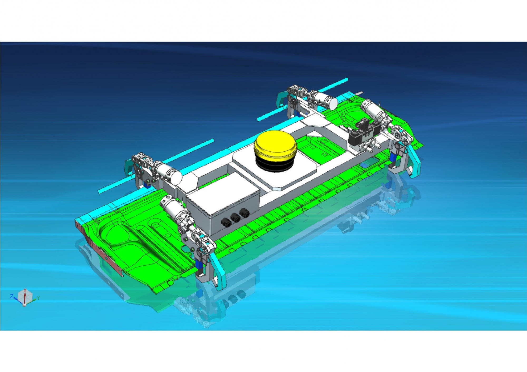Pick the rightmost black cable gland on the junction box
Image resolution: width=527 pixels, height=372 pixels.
244,212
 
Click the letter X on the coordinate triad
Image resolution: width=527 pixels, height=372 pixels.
25,290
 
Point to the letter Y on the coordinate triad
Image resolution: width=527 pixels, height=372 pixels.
38,298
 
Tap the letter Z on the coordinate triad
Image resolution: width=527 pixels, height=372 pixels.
12,296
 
